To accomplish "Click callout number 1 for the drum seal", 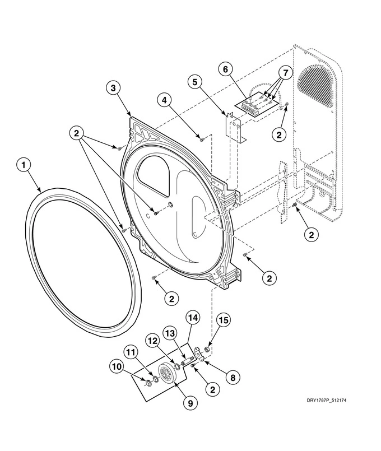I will (22, 165).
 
